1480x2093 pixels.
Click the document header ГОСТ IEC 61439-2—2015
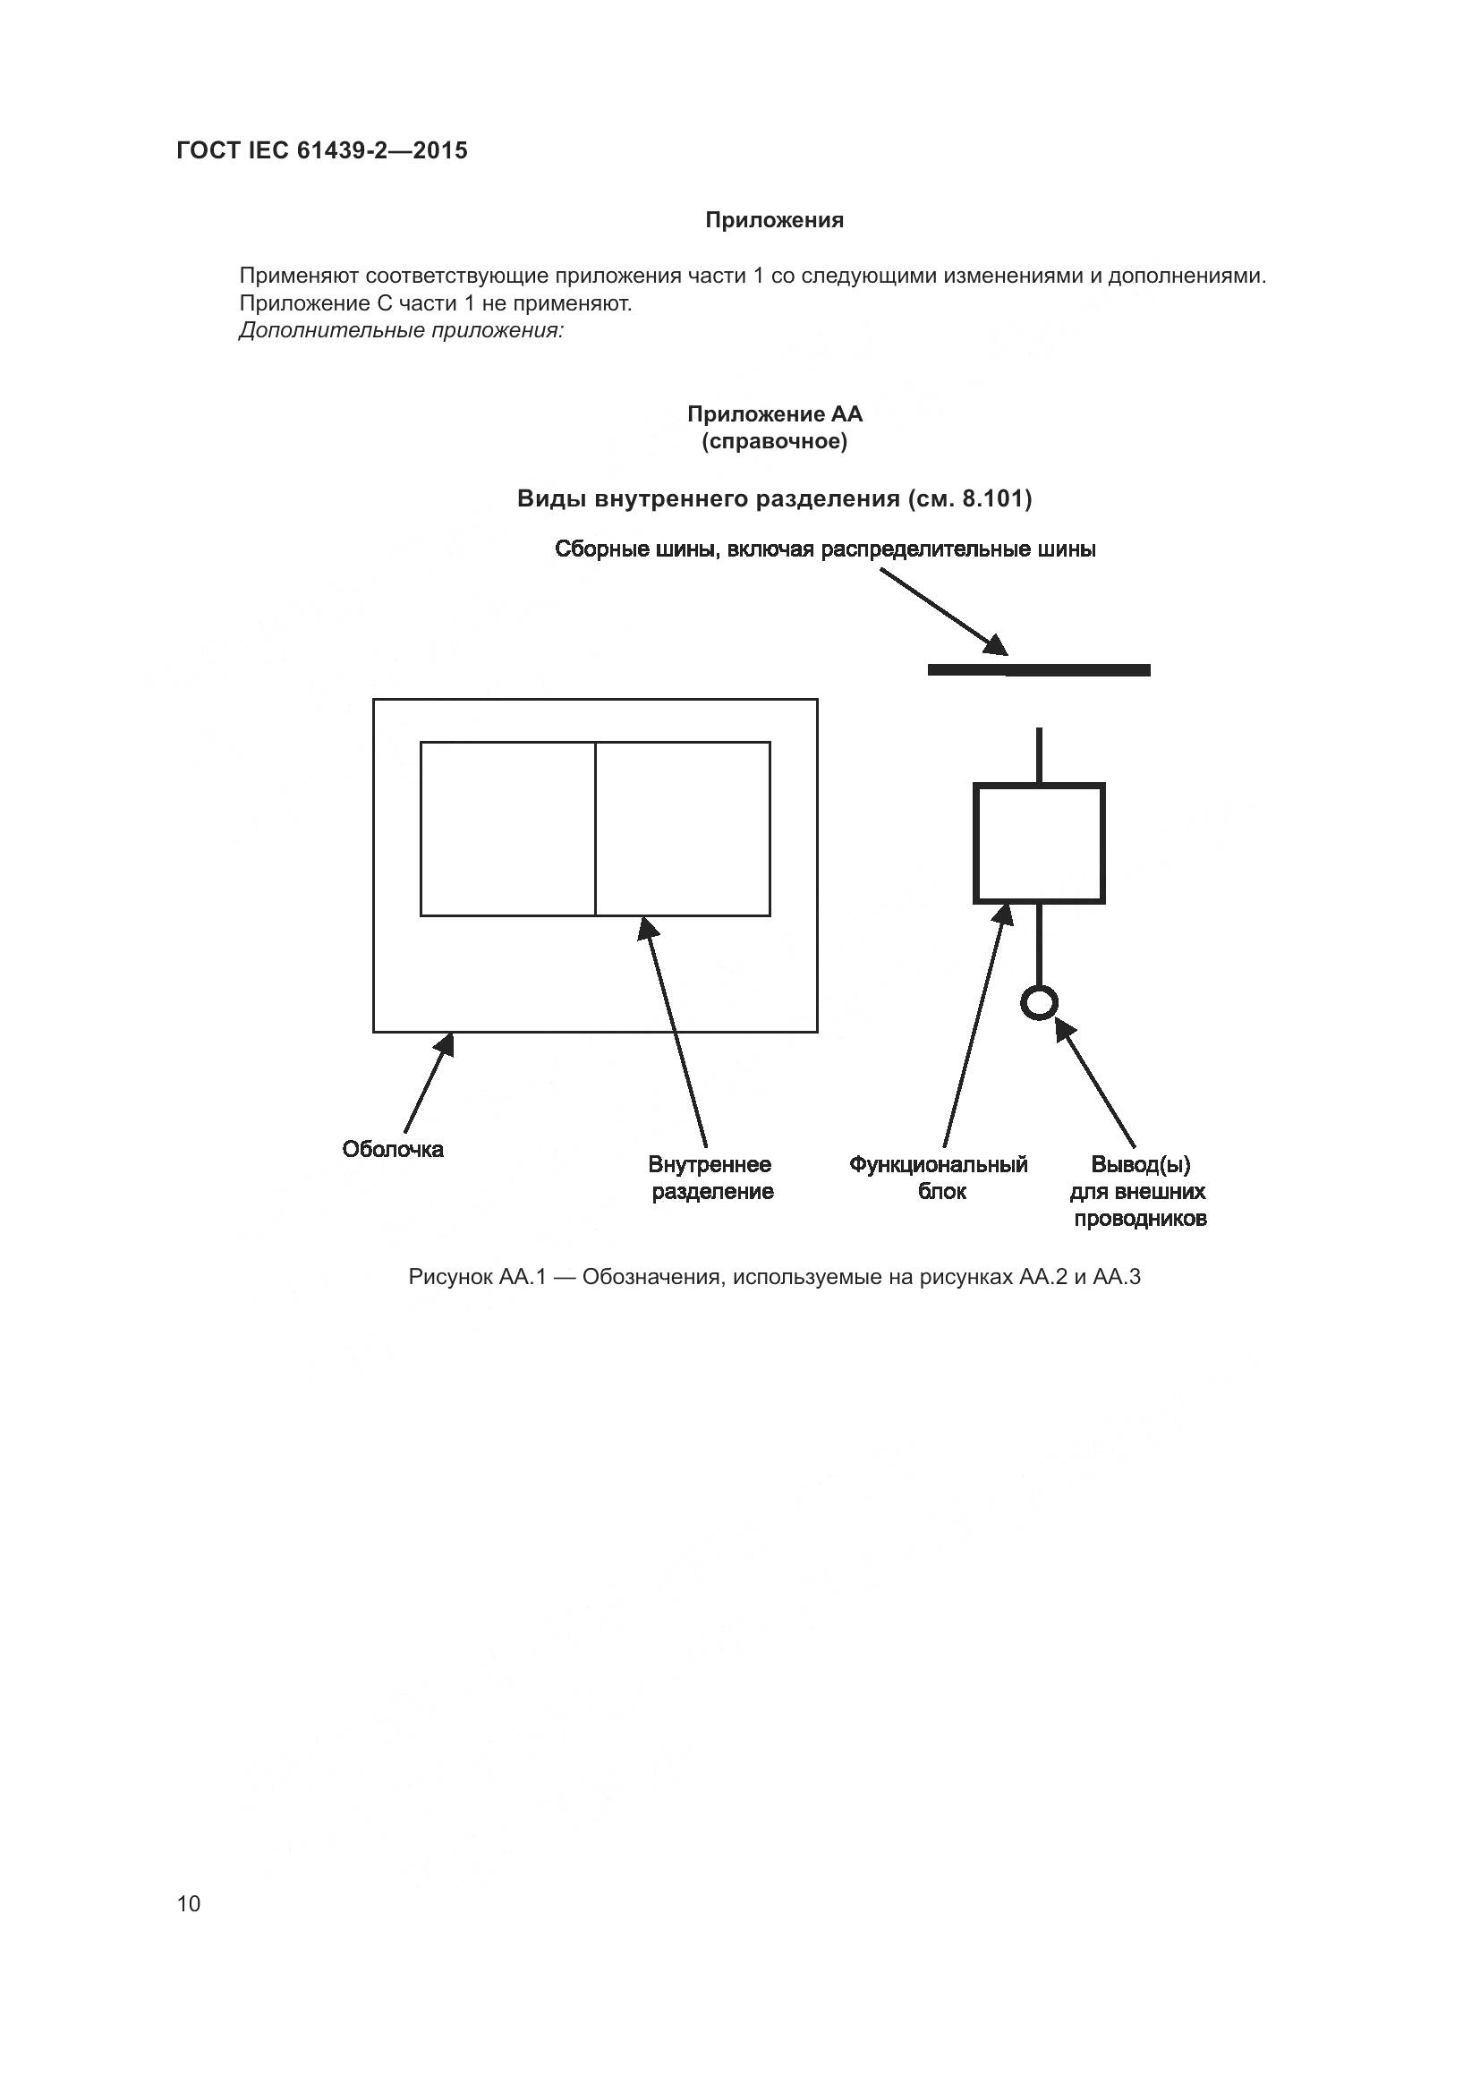[x=322, y=150]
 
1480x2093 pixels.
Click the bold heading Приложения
[x=774, y=220]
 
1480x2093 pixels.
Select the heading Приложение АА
[x=774, y=414]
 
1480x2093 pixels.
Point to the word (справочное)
[x=774, y=442]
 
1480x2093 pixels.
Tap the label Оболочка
[x=393, y=1149]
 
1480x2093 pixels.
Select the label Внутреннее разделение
[x=710, y=1178]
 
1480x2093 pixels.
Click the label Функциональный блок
[x=939, y=1178]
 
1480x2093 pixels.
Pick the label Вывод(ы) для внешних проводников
[x=1140, y=1191]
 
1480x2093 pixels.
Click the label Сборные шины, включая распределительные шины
[x=825, y=549]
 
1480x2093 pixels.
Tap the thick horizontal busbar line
[x=1038, y=670]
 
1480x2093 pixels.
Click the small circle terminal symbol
[x=1039, y=1003]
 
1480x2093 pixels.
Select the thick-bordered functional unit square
[x=1039, y=843]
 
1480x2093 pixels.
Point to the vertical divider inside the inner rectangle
[x=595, y=829]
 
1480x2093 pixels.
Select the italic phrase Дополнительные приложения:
[x=401, y=331]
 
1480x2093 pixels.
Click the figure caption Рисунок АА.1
[x=774, y=1276]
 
